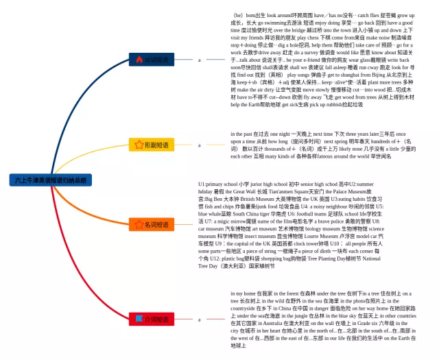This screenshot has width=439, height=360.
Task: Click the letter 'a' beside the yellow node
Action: [200, 145]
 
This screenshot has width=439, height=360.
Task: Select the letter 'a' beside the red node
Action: [200, 320]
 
